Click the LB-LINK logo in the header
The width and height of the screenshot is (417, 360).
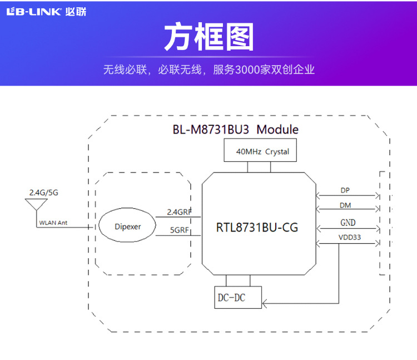34,12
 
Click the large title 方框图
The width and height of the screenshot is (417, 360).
209,38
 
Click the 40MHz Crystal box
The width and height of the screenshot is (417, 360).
263,151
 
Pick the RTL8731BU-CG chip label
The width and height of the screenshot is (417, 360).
257,228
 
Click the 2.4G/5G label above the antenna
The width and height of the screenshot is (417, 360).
43,193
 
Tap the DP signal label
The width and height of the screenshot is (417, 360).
345,190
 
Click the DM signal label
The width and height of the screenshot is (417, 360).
345,205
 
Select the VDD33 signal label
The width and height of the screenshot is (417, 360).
349,238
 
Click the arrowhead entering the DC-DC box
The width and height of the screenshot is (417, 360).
265,303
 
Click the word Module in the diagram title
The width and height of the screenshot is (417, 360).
277,130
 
